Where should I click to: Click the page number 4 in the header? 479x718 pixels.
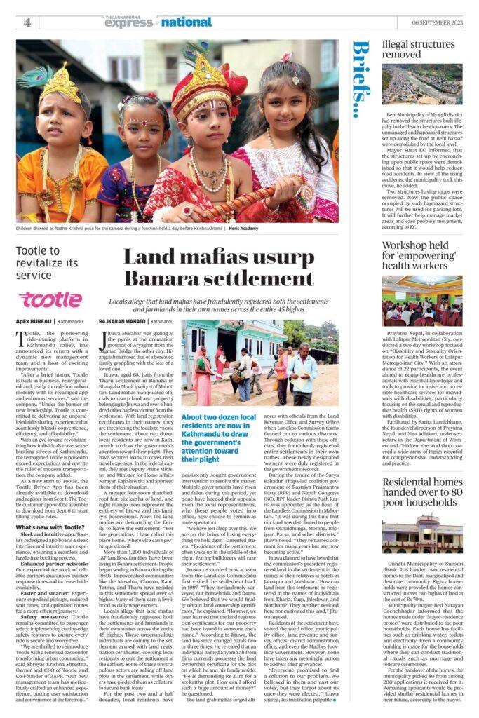(x=27, y=22)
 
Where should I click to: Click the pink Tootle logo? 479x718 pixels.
(x=50, y=300)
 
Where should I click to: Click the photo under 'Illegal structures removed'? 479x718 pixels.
(x=422, y=84)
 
